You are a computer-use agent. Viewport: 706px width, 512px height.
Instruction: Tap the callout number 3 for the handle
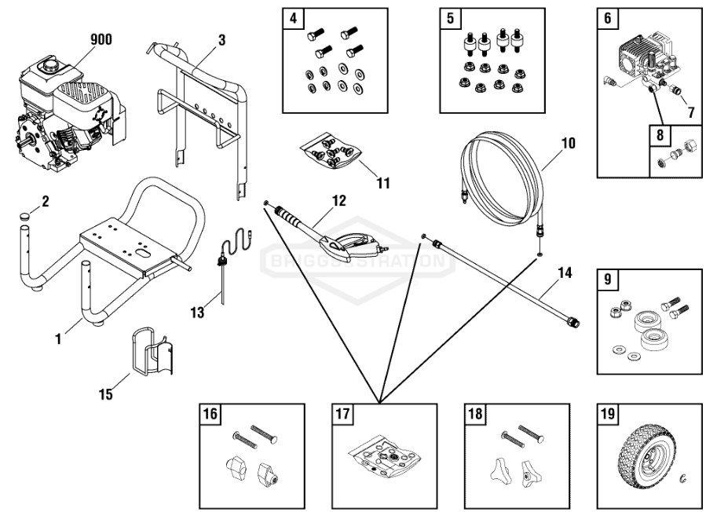222,39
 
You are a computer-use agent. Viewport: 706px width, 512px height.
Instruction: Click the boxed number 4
292,18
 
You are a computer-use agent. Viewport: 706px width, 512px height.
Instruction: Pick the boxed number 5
449,18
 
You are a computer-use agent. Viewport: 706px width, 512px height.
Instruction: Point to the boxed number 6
607,18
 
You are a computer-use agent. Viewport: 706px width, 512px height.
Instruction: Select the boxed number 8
659,134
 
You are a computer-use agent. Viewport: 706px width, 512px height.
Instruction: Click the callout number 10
567,144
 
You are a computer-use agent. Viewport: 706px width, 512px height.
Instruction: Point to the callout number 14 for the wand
565,273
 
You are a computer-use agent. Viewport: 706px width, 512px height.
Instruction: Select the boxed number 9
607,279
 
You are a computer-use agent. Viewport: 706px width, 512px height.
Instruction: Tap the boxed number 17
342,414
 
